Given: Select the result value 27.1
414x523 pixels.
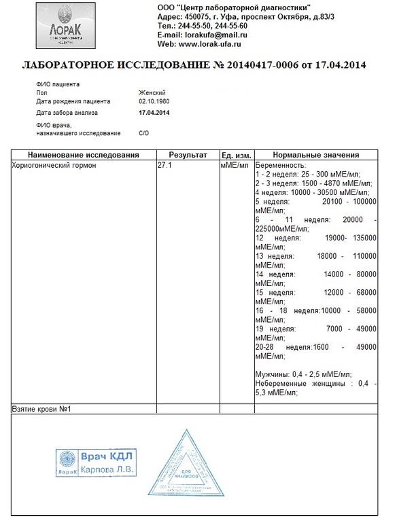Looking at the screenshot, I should click(x=164, y=165).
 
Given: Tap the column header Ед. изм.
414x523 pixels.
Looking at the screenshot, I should click(x=237, y=155).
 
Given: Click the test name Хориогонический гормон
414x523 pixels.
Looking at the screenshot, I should click(x=55, y=165).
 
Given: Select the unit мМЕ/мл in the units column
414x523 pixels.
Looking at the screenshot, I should click(x=236, y=165).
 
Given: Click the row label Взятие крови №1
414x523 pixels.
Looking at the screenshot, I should click(x=42, y=409).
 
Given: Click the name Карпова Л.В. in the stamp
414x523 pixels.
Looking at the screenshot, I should click(x=108, y=469).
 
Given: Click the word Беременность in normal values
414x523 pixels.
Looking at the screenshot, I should click(x=280, y=165).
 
